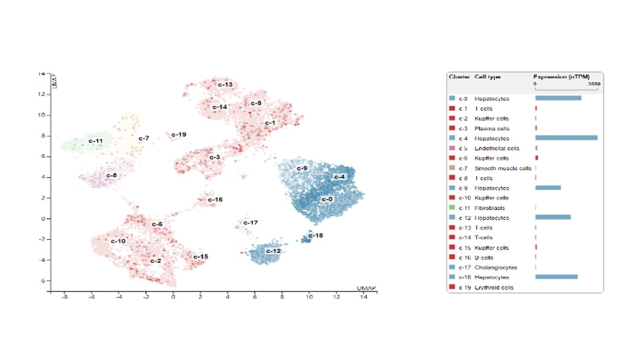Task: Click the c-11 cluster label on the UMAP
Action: click(96, 141)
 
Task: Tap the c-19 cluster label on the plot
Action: click(179, 135)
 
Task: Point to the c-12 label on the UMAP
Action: click(274, 251)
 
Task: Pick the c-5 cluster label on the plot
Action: click(111, 176)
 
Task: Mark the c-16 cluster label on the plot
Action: click(215, 199)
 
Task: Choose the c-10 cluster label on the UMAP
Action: click(118, 241)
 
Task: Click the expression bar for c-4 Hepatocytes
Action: click(566, 138)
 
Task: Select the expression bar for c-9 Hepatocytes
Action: click(548, 188)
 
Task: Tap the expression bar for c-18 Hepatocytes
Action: click(557, 277)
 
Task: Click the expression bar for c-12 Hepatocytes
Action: click(553, 218)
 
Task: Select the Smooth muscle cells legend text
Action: click(503, 168)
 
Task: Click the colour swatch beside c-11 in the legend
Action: click(452, 208)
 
